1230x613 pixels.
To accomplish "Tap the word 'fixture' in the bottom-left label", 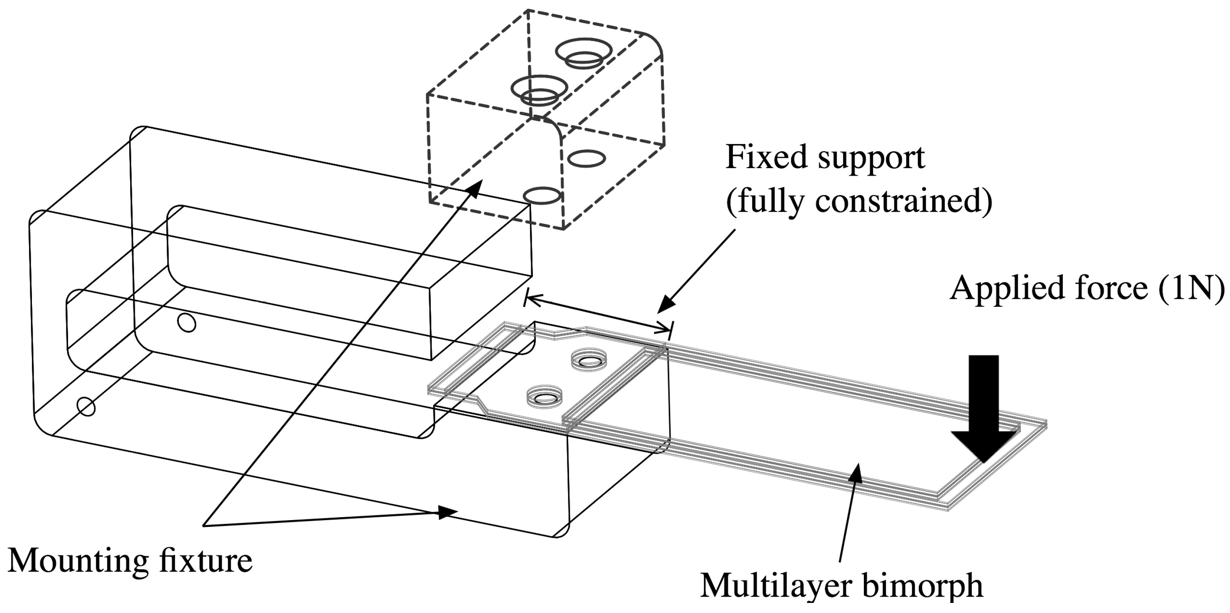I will click(x=206, y=560).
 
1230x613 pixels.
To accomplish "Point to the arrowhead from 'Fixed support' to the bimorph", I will click(x=666, y=305).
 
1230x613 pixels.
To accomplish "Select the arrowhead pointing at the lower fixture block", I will click(x=446, y=513).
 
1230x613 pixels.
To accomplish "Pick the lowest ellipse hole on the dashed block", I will click(x=541, y=195).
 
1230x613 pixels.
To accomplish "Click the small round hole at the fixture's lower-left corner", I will click(x=87, y=407).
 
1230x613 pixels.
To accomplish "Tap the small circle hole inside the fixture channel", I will click(x=187, y=323).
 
